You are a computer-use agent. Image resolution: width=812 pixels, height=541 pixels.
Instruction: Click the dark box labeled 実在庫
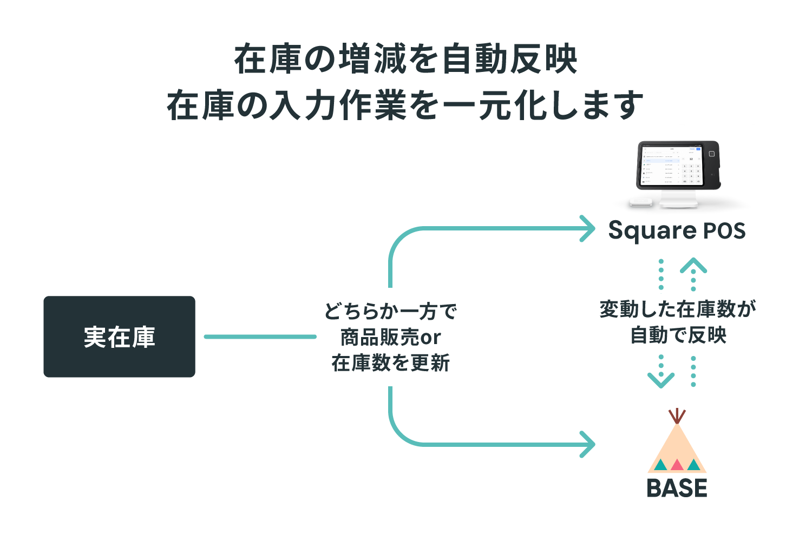click(119, 337)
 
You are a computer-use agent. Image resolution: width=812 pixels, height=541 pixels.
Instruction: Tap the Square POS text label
click(677, 231)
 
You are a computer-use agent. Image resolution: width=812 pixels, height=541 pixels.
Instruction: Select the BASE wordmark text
click(677, 488)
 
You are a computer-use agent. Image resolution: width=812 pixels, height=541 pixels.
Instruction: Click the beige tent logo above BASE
click(677, 450)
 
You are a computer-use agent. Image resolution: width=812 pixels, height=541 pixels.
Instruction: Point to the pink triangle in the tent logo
click(677, 465)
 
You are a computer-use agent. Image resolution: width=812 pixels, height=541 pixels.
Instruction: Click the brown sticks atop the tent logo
click(677, 416)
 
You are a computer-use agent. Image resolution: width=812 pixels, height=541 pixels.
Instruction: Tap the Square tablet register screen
click(672, 166)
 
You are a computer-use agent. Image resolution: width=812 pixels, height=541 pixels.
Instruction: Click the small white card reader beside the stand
click(640, 202)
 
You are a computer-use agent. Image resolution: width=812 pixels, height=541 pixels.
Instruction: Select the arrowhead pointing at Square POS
click(587, 228)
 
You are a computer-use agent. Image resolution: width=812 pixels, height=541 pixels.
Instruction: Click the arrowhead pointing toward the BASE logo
click(587, 444)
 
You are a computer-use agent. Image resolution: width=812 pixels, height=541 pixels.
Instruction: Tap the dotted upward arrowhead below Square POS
click(693, 265)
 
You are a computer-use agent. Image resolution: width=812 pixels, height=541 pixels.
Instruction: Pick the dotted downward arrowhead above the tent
click(661, 380)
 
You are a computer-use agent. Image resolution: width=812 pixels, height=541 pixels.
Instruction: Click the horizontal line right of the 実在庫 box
click(260, 337)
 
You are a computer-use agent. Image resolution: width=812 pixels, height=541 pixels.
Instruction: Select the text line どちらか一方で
click(390, 311)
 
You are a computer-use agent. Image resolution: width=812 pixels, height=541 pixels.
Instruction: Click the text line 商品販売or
click(390, 337)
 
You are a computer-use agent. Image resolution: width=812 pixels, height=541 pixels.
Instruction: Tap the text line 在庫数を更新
click(390, 362)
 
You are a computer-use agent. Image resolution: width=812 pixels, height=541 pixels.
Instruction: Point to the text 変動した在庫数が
click(678, 309)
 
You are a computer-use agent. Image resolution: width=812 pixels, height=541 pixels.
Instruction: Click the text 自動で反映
click(678, 335)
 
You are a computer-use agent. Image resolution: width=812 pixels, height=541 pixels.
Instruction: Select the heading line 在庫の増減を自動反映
click(405, 59)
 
